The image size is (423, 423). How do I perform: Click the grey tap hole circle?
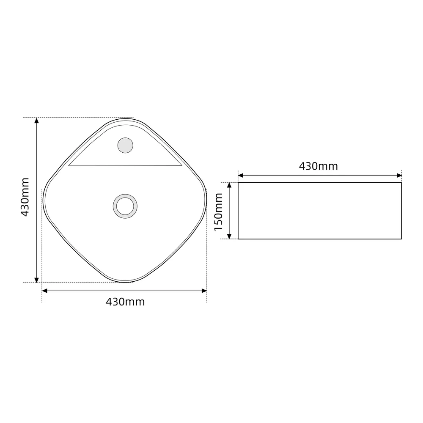pos(125,146)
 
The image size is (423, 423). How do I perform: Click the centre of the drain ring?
pos(125,206)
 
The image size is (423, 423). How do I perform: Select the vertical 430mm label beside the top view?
pos(25,197)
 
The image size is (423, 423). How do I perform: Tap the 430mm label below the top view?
pos(125,302)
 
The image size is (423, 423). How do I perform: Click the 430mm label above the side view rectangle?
pos(319,166)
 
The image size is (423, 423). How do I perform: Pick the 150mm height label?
pos(218,212)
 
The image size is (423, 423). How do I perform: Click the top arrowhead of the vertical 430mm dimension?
pos(37,120)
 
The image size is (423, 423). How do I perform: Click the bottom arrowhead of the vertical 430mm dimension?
pos(37,280)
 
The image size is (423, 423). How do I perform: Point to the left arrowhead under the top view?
pos(45,291)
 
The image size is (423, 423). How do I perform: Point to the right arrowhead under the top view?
pos(204,291)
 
